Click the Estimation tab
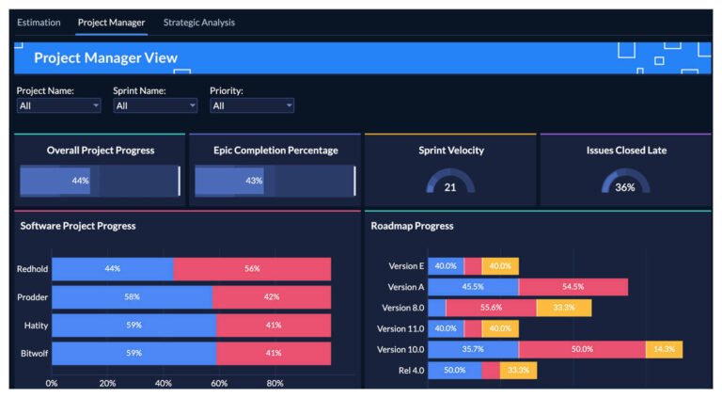coord(39,23)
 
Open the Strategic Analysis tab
coord(198,23)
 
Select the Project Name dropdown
coord(58,106)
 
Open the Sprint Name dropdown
coord(155,106)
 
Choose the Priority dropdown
coord(252,106)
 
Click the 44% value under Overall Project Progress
coord(80,181)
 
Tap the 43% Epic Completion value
coord(254,181)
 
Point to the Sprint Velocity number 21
coord(450,187)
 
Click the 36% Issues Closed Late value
coord(625,187)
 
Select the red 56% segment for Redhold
coord(252,269)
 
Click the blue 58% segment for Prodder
coord(132,297)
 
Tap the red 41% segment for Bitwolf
coord(273,354)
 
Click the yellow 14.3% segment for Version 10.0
coord(664,349)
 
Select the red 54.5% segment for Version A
coord(573,287)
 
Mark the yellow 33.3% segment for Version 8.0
coord(564,308)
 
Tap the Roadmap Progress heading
coord(412,226)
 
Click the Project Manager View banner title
coord(105,58)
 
